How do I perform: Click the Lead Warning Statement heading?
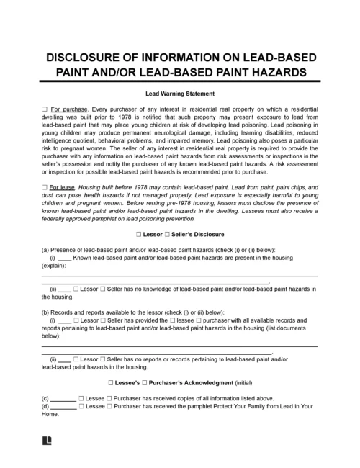180,94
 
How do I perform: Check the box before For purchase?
45,107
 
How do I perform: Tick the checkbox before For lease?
45,186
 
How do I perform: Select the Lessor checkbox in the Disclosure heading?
138,235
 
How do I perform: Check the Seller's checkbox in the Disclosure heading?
166,235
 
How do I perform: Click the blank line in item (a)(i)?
63,258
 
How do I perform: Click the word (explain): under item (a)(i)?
56,266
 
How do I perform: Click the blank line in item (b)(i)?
63,320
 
